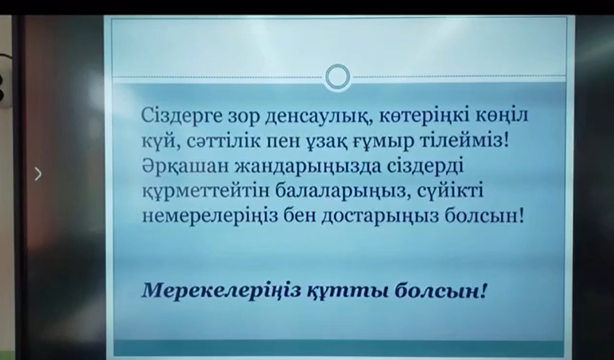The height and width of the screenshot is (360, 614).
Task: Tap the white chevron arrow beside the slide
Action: [x=38, y=174]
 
